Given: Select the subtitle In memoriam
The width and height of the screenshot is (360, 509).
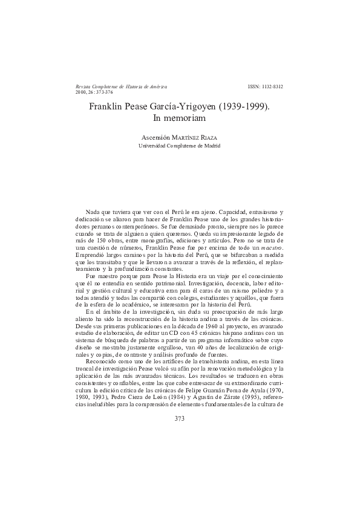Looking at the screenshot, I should click(x=180, y=119).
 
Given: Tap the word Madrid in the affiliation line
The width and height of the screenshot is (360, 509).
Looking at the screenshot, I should click(x=211, y=146).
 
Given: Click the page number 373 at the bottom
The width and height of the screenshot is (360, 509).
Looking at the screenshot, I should click(x=180, y=418).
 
